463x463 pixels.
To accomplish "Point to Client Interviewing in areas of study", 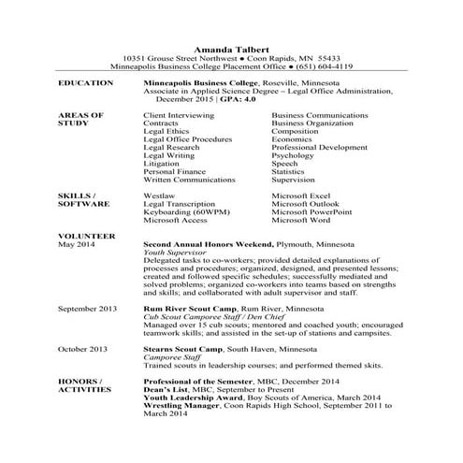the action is pos(180,115).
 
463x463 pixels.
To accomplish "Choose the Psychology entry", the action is pos(293,155).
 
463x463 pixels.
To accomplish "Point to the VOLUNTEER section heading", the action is pos(86,235).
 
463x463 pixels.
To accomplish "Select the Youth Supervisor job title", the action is pos(174,253).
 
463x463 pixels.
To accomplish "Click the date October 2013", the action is pos(84,349).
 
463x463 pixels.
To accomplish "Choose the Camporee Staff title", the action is pos(170,357).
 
